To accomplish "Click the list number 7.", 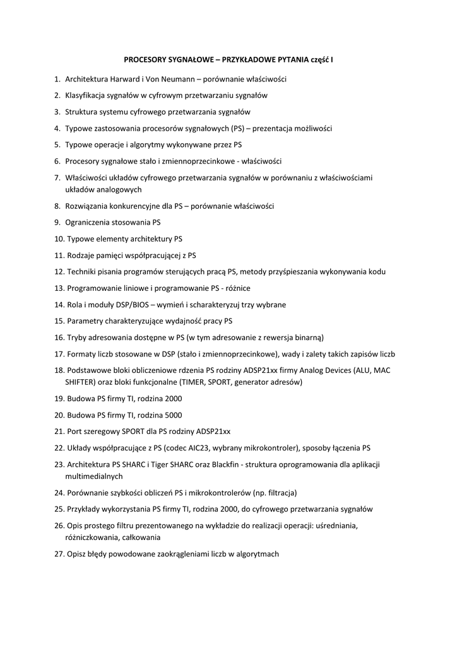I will pos(57,178).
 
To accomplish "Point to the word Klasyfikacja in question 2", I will pos(85,96).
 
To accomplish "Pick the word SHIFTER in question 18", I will pos(80,382).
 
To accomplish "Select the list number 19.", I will pos(59,399).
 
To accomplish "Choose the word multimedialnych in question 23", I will pos(94,476).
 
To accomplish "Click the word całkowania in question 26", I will pos(139,537).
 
